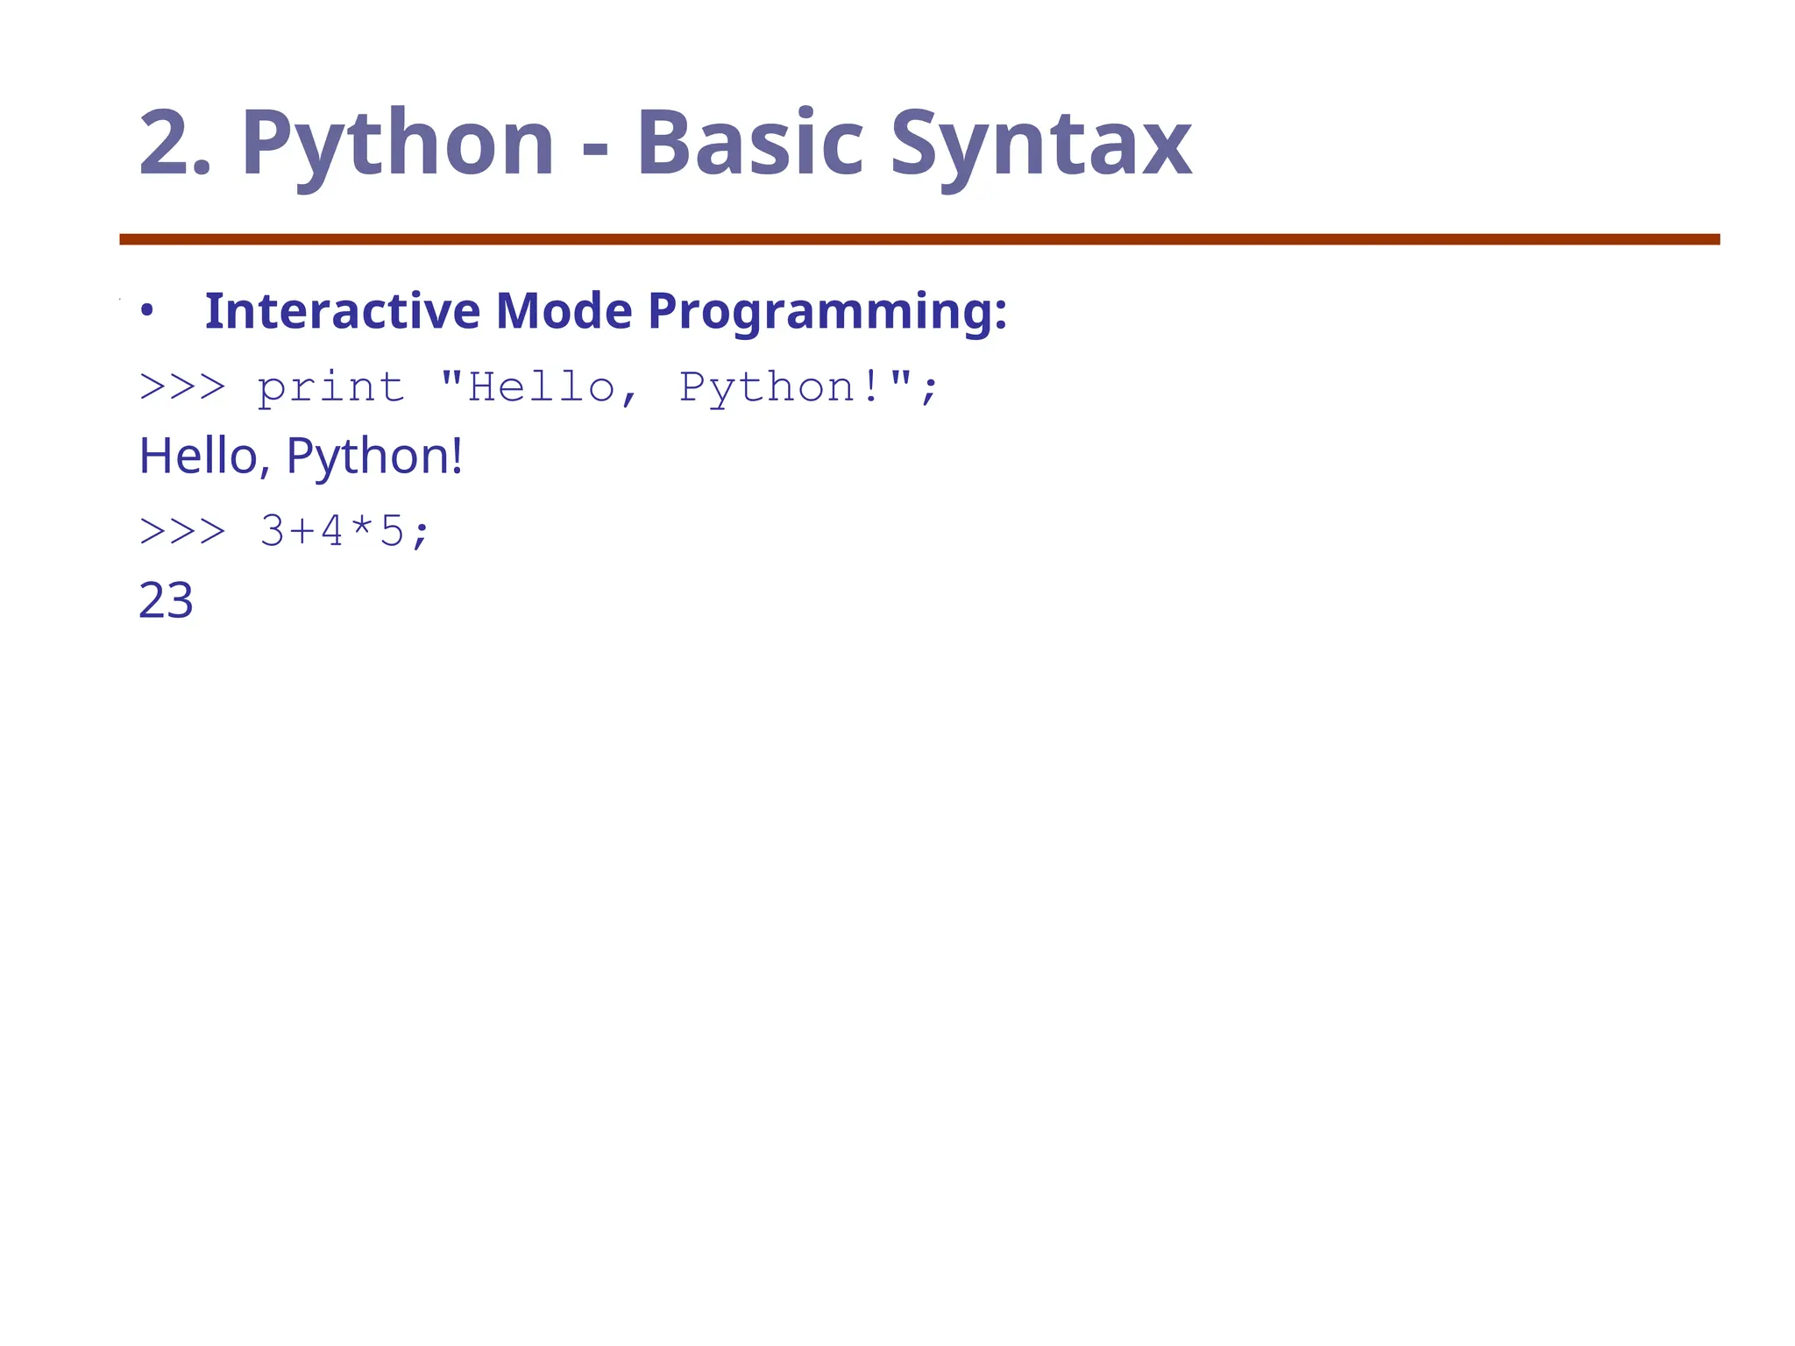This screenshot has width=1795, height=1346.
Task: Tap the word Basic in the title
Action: click(750, 143)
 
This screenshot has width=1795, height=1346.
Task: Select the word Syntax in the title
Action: click(1040, 143)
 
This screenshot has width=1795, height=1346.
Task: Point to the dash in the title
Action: click(595, 149)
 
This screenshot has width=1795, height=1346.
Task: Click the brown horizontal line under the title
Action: click(919, 239)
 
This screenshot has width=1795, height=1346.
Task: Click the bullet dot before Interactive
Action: click(147, 311)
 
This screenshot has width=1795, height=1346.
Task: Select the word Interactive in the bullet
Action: click(343, 310)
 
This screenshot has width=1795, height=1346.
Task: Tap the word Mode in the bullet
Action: click(564, 310)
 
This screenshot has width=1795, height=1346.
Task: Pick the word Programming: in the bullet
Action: click(827, 312)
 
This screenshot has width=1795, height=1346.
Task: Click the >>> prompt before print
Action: click(182, 386)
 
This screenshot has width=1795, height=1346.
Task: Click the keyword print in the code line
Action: click(331, 388)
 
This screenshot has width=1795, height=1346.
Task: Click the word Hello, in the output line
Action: click(204, 457)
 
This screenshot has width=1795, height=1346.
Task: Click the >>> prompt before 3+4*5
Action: click(182, 531)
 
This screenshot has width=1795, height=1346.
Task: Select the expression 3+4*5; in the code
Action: click(344, 531)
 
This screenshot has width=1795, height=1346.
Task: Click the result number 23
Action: click(166, 601)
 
